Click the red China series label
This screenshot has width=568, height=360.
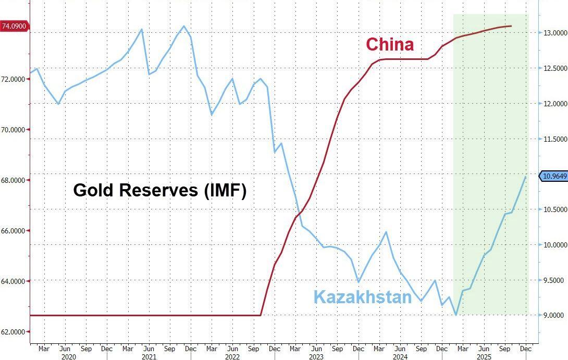pyautogui.click(x=390, y=44)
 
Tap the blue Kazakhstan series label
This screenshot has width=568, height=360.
pyautogui.click(x=363, y=297)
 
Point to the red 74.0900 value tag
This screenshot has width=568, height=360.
pyautogui.click(x=15, y=26)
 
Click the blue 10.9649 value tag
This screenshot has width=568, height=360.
pyautogui.click(x=553, y=176)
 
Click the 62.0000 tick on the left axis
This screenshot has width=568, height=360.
pyautogui.click(x=16, y=332)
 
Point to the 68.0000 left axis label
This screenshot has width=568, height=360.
pyautogui.click(x=16, y=180)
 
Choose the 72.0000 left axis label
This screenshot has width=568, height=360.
pyautogui.click(x=16, y=79)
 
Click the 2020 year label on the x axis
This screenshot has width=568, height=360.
pyautogui.click(x=69, y=357)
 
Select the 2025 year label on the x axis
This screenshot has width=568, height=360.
pyautogui.click(x=484, y=357)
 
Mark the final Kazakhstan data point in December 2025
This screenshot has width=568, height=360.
pyautogui.click(x=525, y=177)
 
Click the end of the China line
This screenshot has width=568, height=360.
pyautogui.click(x=511, y=26)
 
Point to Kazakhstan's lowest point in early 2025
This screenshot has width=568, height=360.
pyautogui.click(x=456, y=315)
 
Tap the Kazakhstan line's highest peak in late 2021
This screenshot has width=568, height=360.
pyautogui.click(x=183, y=26)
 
